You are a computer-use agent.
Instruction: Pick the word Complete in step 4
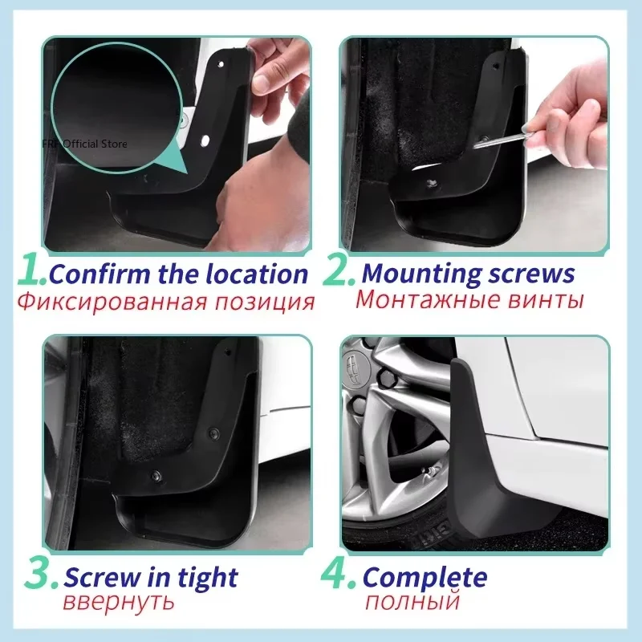pyautogui.click(x=425, y=577)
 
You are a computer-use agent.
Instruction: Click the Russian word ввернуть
pyautogui.click(x=118, y=602)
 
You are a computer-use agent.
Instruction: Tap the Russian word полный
pyautogui.click(x=412, y=602)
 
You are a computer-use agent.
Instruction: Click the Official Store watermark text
pyautogui.click(x=96, y=144)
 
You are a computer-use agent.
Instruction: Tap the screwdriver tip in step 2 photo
pyautogui.click(x=477, y=145)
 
